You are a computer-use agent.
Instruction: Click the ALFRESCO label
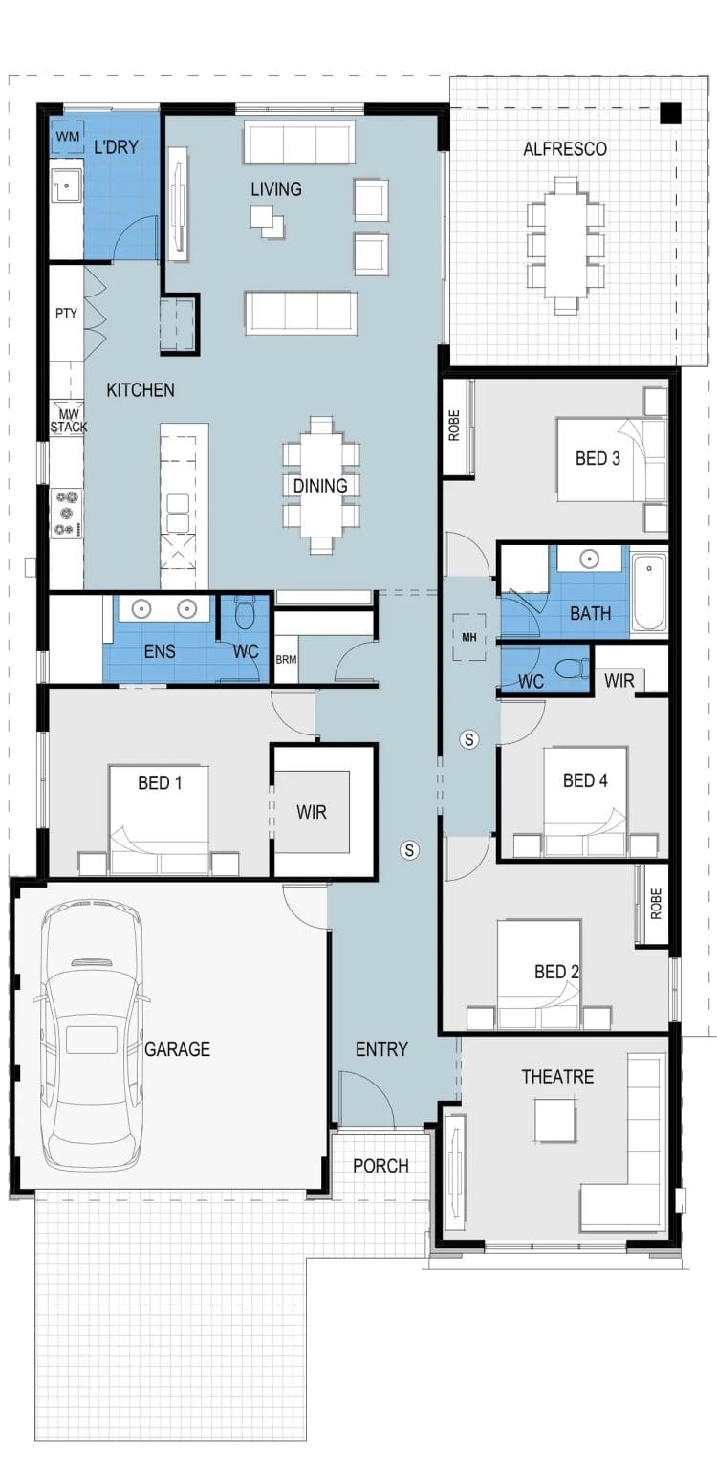point(564,149)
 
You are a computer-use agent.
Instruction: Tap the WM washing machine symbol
point(68,137)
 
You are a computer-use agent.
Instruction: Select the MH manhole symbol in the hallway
point(469,637)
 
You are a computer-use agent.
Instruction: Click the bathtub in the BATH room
point(648,593)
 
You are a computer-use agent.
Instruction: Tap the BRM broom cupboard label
point(286,659)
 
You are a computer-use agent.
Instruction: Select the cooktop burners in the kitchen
point(67,513)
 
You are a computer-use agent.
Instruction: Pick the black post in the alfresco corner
point(670,114)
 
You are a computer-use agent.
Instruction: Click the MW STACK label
point(69,421)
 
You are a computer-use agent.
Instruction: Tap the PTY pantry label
point(66,314)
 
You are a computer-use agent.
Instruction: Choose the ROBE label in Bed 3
point(454,425)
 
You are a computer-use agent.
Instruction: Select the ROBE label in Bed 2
point(656,905)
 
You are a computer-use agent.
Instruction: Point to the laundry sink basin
point(67,186)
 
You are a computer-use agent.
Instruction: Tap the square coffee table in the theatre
point(555,1121)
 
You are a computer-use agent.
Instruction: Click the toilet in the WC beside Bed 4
point(573,669)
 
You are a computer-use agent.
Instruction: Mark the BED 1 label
point(160,783)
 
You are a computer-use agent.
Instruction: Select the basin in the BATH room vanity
point(590,559)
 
